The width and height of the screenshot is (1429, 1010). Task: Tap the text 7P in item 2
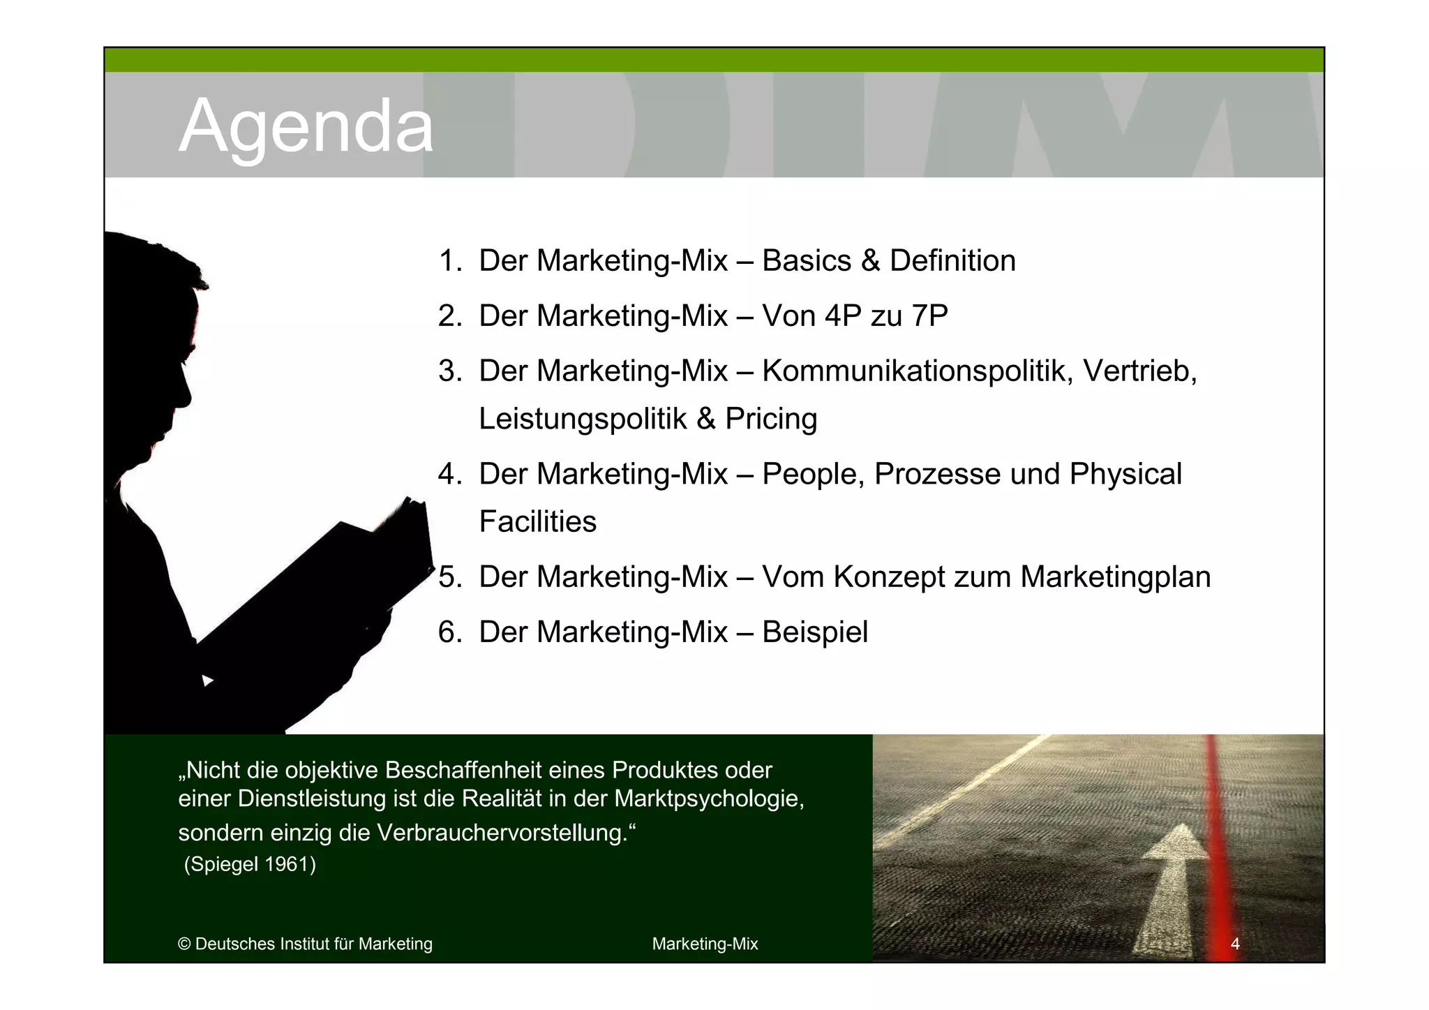point(929,316)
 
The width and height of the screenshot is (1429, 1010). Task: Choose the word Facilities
point(537,522)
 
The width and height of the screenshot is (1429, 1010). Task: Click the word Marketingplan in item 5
point(1114,577)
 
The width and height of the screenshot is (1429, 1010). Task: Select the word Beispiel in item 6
point(814,632)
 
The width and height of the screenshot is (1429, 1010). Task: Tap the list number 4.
point(449,474)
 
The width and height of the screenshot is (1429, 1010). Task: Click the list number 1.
point(449,261)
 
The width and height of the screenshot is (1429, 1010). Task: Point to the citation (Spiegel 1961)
point(250,864)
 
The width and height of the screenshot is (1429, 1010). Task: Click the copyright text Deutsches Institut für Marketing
point(313,944)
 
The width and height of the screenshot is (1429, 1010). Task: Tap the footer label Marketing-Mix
point(705,944)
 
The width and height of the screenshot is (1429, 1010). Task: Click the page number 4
point(1234,944)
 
